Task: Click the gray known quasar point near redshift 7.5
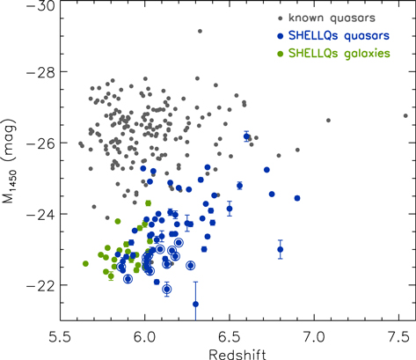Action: [405, 114]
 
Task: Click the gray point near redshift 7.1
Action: [328, 121]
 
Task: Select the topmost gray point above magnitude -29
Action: [200, 32]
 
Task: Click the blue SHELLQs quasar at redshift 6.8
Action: [281, 249]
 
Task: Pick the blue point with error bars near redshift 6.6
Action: [247, 136]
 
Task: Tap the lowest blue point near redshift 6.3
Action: [195, 304]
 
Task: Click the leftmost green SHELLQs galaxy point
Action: [85, 263]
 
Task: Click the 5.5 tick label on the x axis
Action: [60, 335]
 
